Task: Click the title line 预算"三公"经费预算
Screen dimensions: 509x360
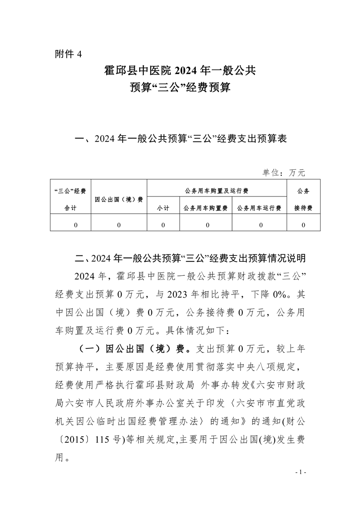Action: click(180, 87)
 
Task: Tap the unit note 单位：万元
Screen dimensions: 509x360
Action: click(283, 172)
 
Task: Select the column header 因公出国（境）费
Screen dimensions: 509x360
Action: click(119, 199)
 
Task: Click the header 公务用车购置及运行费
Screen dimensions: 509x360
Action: click(217, 191)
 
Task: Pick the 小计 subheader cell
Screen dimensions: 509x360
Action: click(163, 208)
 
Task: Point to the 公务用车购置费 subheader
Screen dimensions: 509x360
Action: click(206, 208)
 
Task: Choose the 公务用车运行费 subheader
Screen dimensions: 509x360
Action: click(259, 208)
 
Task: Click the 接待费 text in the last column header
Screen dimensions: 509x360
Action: click(303, 208)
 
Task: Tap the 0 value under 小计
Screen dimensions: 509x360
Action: click(163, 225)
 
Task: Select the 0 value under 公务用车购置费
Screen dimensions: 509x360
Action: click(206, 225)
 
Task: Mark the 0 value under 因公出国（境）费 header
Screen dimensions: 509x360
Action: click(119, 225)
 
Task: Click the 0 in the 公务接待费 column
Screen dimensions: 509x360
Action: click(303, 225)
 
